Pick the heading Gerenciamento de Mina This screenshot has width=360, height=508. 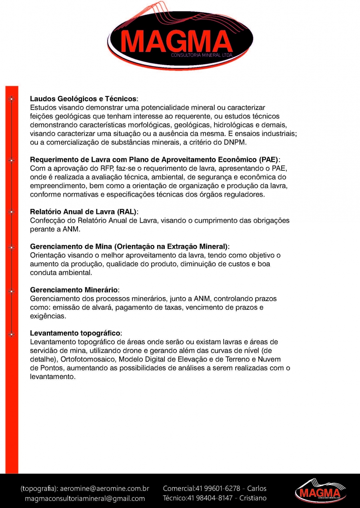tap(130, 246)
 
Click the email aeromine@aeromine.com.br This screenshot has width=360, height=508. tap(105, 488)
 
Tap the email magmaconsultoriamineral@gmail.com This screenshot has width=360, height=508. tap(85, 498)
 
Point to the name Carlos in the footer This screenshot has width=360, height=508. tap(257, 488)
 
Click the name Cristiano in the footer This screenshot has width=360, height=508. tap(253, 498)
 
